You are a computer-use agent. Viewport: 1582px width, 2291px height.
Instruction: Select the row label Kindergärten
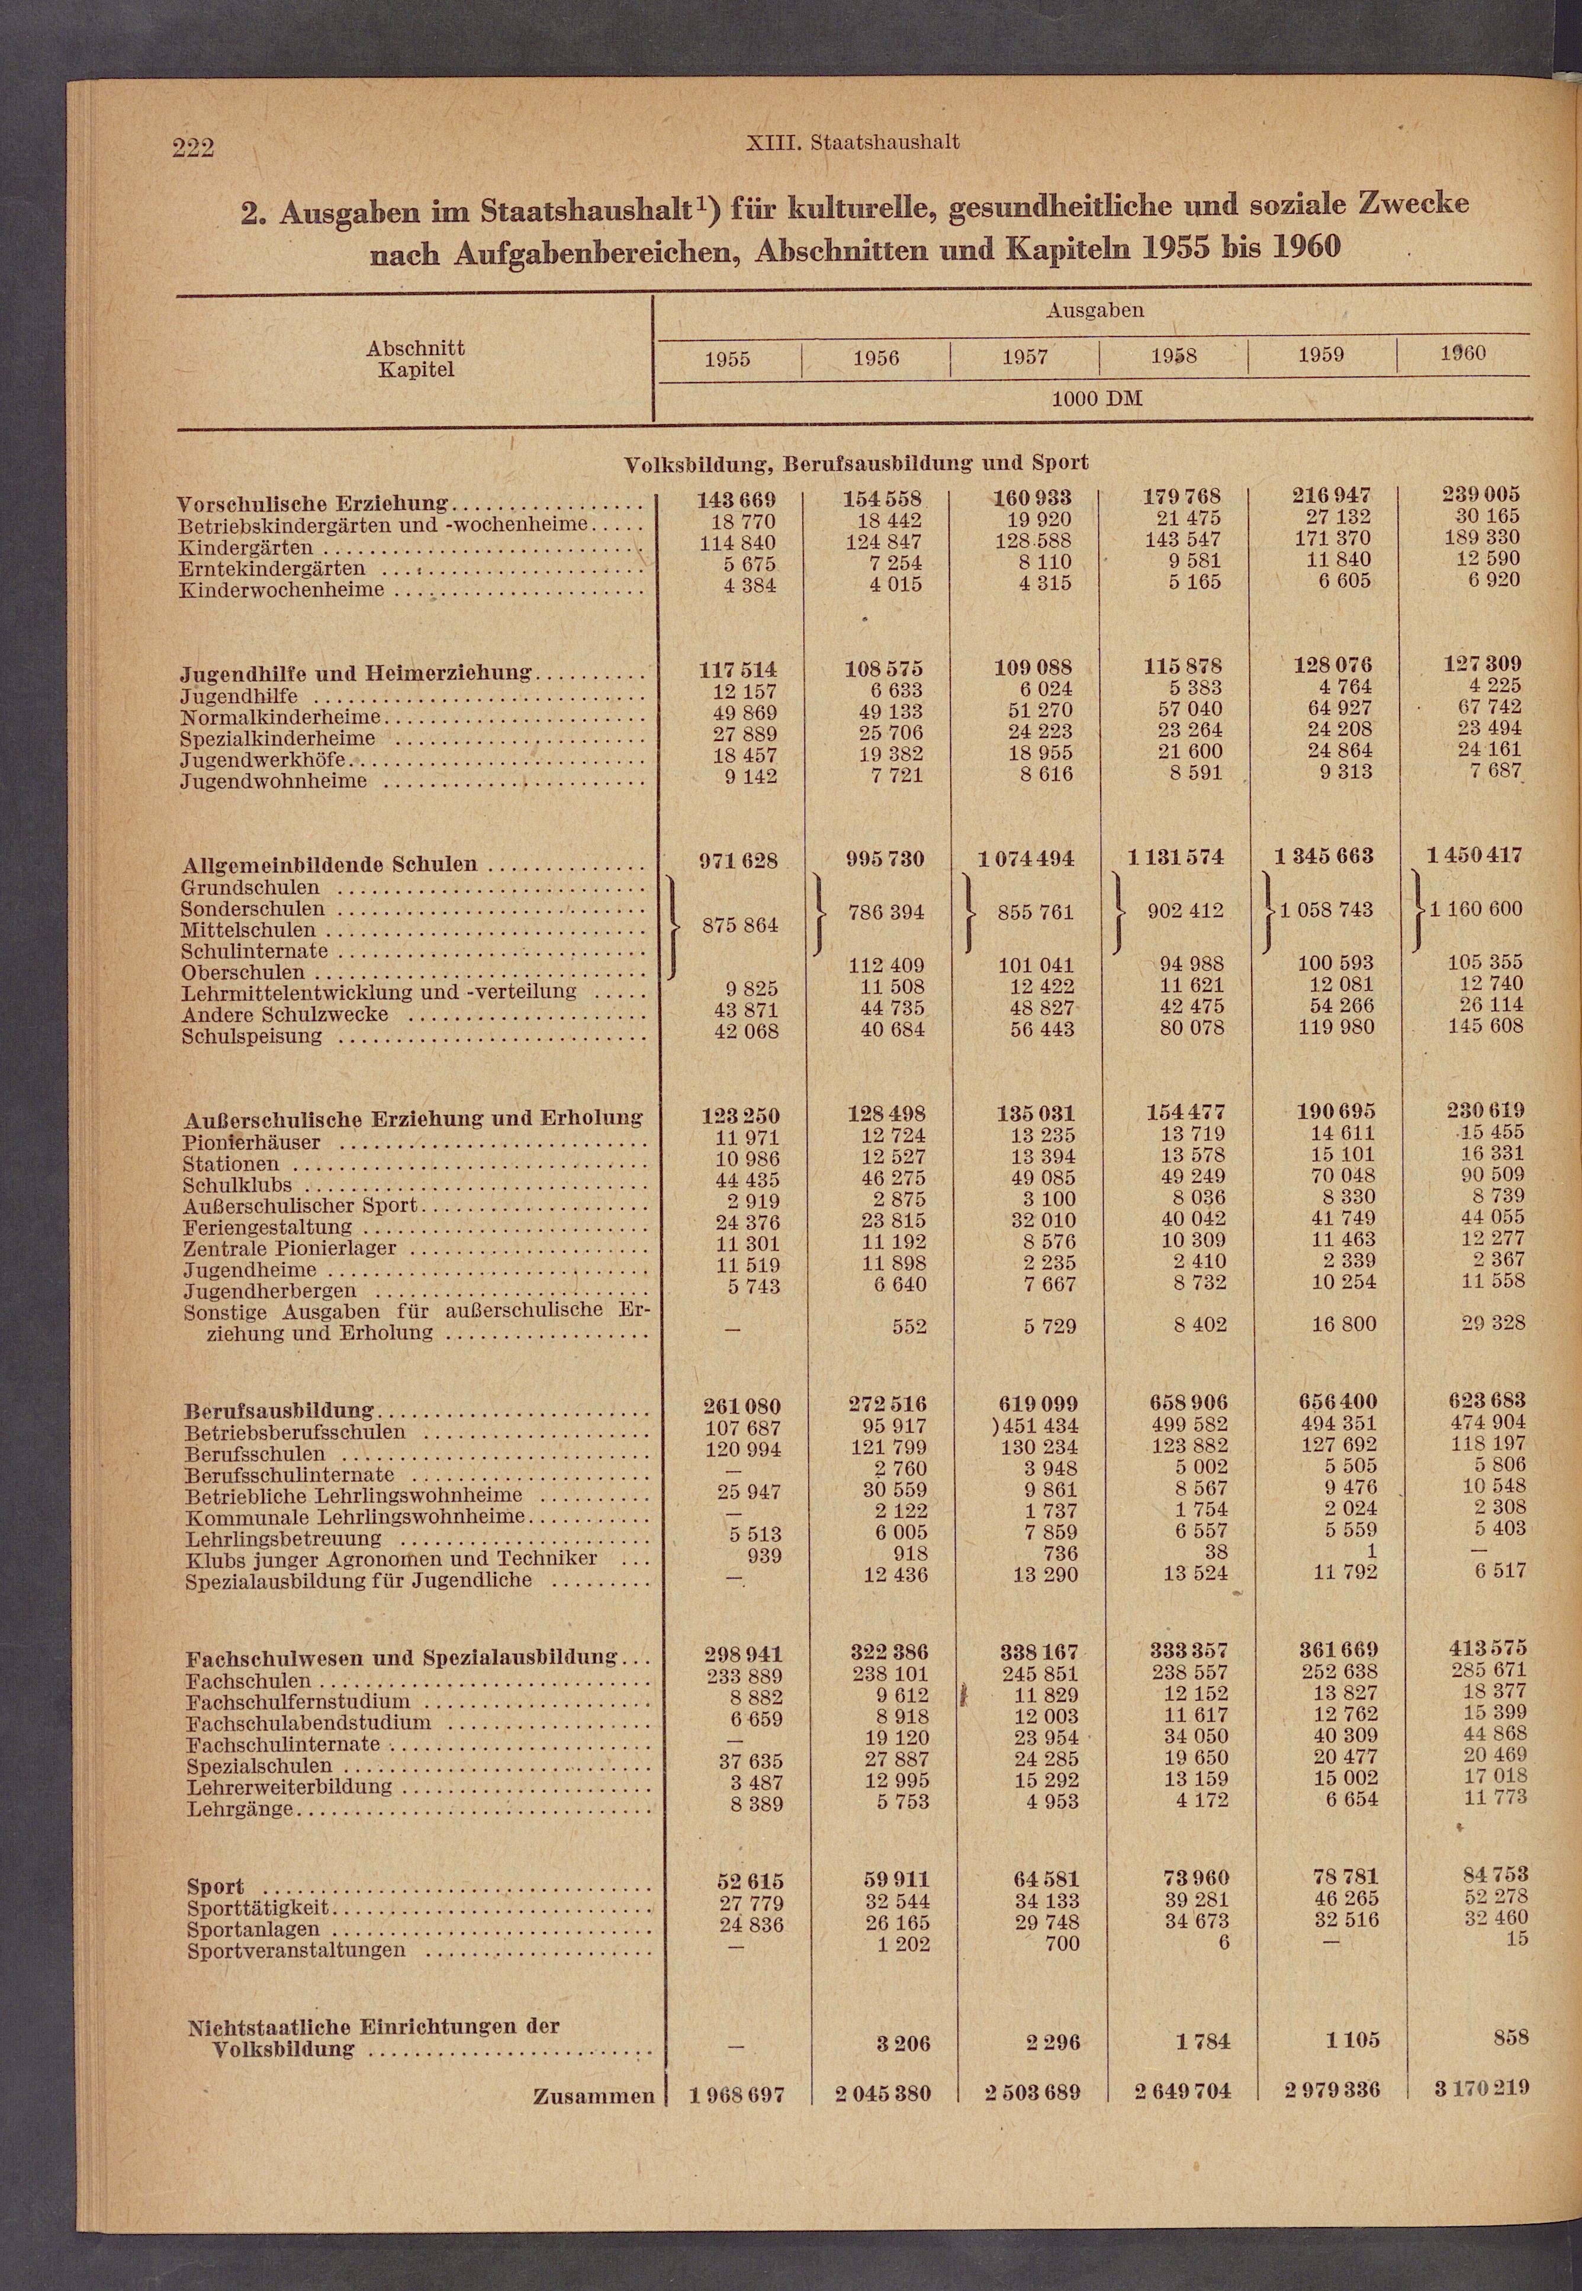tap(246, 547)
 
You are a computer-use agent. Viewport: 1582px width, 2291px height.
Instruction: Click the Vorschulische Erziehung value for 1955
tap(738, 500)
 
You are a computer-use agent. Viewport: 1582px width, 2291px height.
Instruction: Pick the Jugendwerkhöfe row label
tap(263, 759)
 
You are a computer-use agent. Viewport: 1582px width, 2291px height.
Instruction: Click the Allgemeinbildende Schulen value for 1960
tap(1474, 855)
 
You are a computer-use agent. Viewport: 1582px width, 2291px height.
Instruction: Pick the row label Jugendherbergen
tap(269, 1291)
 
